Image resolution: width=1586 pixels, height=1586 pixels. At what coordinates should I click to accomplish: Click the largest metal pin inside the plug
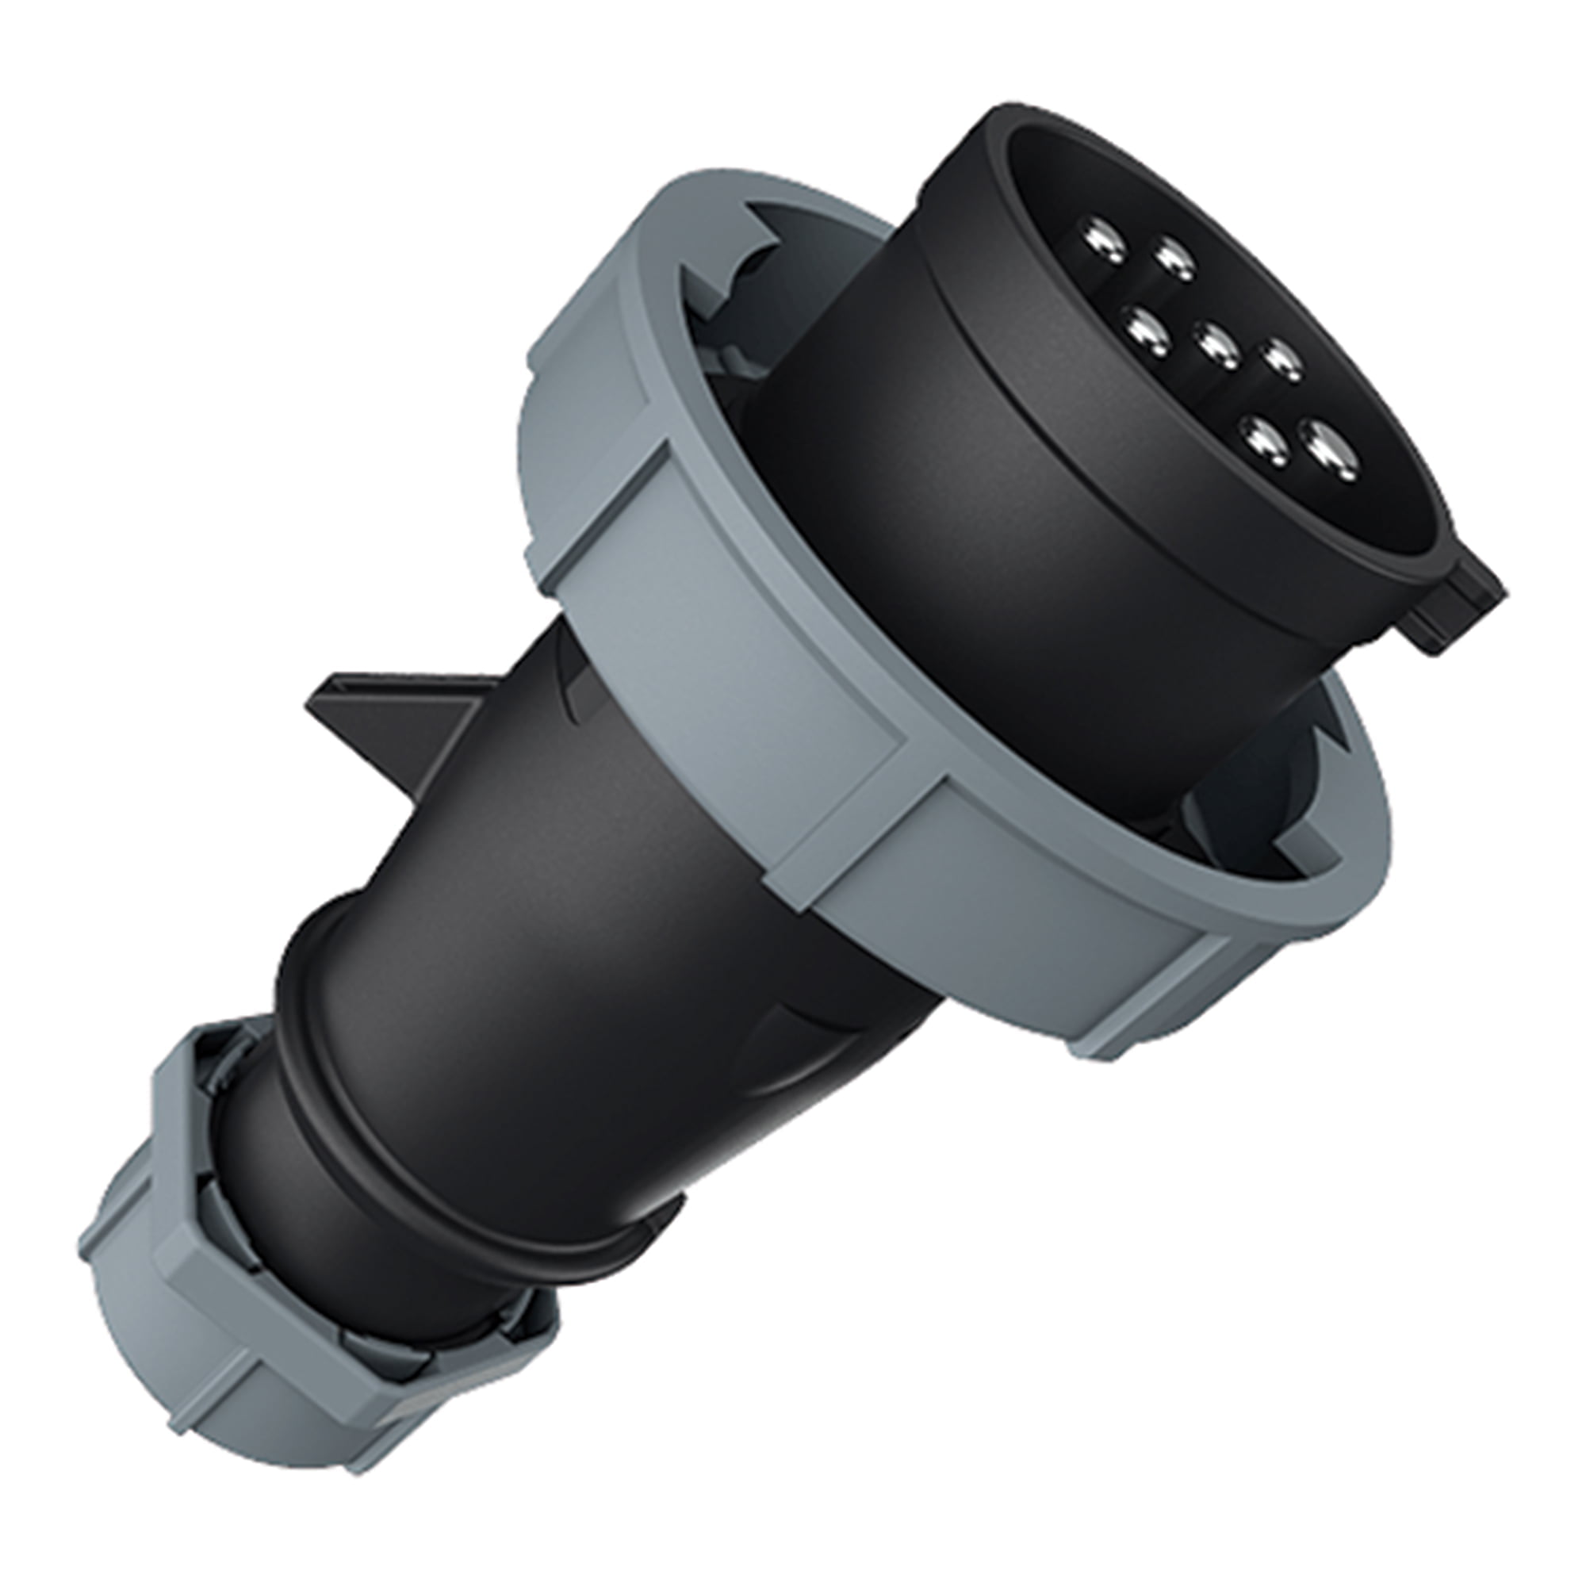[1331, 453]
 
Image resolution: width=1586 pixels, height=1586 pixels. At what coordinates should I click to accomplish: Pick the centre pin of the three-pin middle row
[1216, 345]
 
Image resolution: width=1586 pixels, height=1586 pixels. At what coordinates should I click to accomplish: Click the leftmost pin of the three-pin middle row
[1147, 330]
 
